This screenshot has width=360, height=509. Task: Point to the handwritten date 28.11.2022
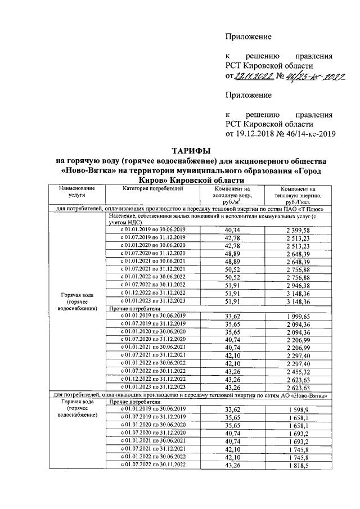click(x=253, y=76)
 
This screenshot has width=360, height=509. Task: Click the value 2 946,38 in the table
click(x=298, y=286)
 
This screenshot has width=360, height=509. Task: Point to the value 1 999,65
click(x=298, y=317)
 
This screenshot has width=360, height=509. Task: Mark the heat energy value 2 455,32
click(x=298, y=372)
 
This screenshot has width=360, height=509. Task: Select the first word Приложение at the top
click(x=248, y=37)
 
